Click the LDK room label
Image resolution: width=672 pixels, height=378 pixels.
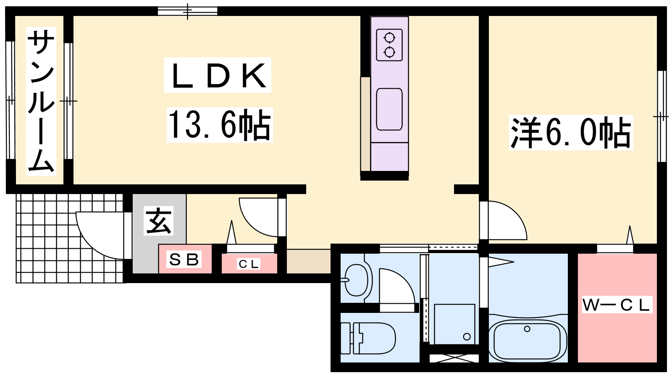pyautogui.click(x=218, y=75)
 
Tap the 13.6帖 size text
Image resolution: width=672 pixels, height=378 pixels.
pyautogui.click(x=219, y=124)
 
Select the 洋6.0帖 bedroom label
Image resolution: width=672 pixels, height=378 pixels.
pyautogui.click(x=571, y=133)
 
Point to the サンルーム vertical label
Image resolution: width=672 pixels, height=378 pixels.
pyautogui.click(x=41, y=101)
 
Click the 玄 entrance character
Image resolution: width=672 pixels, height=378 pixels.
pyautogui.click(x=158, y=220)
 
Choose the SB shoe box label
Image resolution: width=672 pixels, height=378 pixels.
pyautogui.click(x=184, y=260)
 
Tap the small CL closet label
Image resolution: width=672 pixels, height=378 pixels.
pyautogui.click(x=248, y=264)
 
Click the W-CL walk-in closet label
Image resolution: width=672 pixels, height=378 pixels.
pyautogui.click(x=617, y=305)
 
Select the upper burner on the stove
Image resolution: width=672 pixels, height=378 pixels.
pyautogui.click(x=389, y=38)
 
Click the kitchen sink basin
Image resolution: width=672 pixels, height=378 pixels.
pyautogui.click(x=389, y=109)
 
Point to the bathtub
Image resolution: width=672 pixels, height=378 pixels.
pyautogui.click(x=528, y=341)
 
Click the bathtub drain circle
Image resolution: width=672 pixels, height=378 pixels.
pyautogui.click(x=527, y=329)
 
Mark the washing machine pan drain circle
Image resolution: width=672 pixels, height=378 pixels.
pyautogui.click(x=467, y=336)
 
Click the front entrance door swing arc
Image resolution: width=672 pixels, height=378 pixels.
pyautogui.click(x=90, y=243)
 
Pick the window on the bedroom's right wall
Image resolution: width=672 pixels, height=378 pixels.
pyautogui.click(x=662, y=116)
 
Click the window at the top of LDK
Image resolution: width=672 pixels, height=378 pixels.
pyautogui.click(x=188, y=11)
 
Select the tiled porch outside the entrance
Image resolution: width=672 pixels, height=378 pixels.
pyautogui.click(x=70, y=238)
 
